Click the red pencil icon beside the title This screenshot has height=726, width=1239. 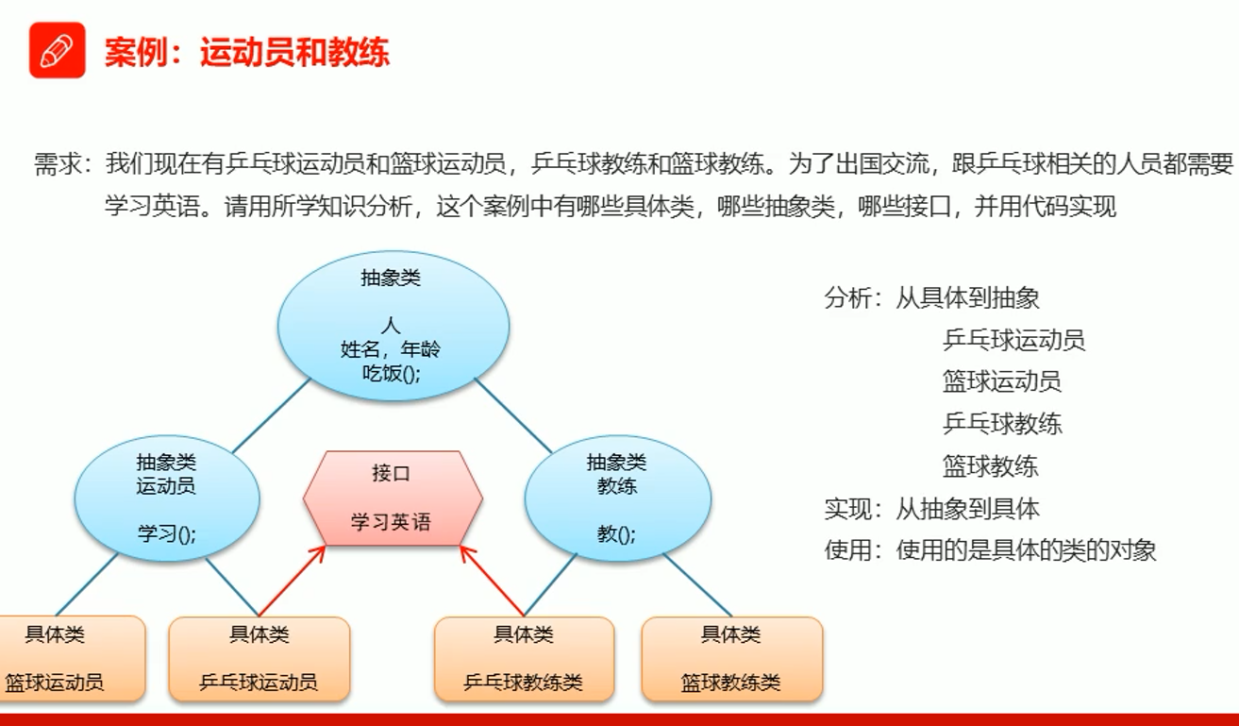click(x=58, y=50)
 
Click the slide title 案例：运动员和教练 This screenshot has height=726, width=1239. click(x=246, y=53)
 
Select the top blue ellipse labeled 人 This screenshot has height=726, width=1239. click(x=393, y=326)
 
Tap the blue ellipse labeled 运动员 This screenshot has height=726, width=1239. click(x=167, y=498)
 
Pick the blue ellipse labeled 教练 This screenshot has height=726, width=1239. click(x=618, y=498)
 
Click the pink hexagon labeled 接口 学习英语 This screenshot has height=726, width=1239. click(x=393, y=498)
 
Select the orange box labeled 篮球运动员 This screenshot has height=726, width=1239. click(x=72, y=658)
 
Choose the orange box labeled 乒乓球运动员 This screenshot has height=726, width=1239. click(x=260, y=658)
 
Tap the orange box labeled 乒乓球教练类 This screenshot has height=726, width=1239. click(x=524, y=658)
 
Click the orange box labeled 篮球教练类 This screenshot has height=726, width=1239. click(x=731, y=658)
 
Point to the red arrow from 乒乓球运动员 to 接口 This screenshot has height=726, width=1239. click(x=292, y=581)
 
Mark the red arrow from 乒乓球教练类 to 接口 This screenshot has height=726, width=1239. click(x=492, y=581)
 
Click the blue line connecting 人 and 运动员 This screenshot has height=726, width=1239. click(x=272, y=415)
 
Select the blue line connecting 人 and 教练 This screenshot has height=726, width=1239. click(x=513, y=415)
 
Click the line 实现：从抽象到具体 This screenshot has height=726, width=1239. click(x=932, y=509)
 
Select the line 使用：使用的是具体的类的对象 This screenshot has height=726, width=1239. click(x=990, y=550)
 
